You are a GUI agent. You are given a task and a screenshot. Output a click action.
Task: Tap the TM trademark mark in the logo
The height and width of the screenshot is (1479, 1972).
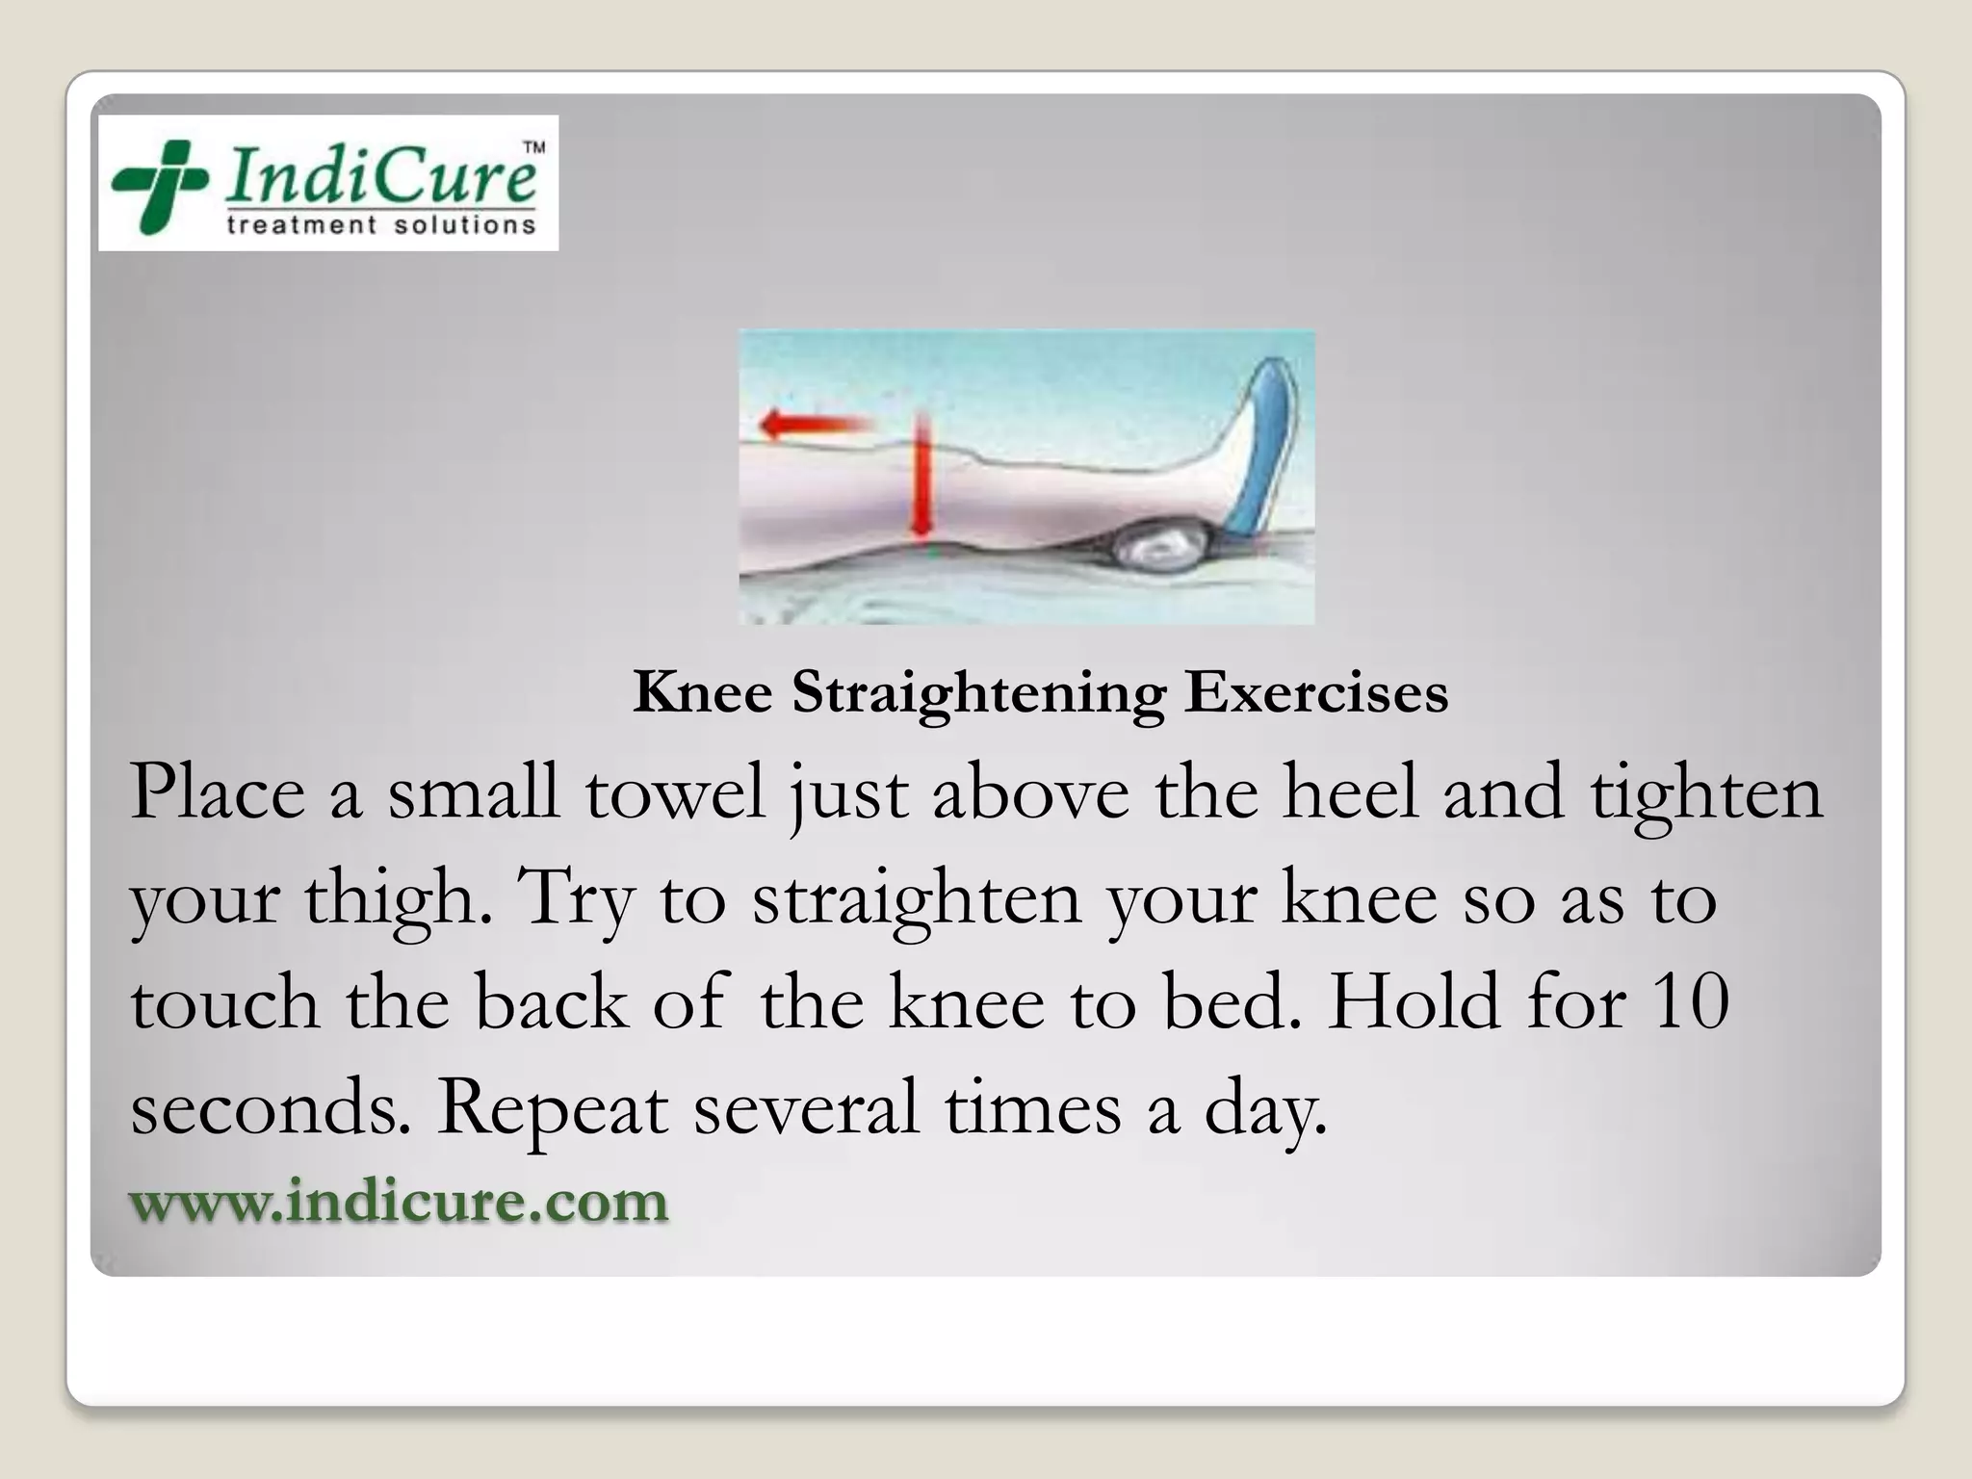click(532, 148)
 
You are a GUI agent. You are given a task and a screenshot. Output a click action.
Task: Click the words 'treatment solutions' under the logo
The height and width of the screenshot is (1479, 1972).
click(380, 225)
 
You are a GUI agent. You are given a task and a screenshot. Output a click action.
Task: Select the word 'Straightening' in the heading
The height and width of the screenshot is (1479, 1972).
click(978, 693)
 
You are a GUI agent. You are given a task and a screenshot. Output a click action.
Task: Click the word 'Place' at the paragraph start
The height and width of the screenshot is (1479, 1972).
click(218, 792)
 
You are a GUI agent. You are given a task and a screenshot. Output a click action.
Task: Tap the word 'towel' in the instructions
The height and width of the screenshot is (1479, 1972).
click(675, 792)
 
